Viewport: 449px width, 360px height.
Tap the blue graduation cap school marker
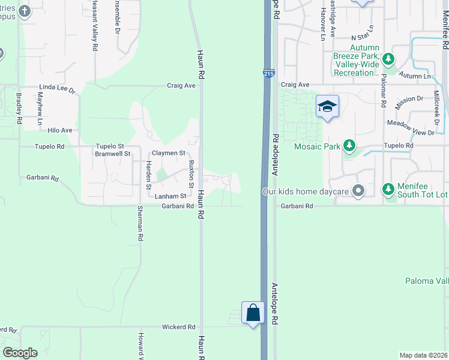click(x=327, y=107)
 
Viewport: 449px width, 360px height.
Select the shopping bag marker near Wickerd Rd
click(x=253, y=313)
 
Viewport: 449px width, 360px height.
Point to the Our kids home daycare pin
click(x=358, y=191)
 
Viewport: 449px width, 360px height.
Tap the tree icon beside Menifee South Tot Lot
click(x=388, y=190)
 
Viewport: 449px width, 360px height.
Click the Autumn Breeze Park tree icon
click(x=388, y=59)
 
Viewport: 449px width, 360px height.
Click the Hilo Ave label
click(x=60, y=130)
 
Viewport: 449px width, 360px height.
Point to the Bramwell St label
click(x=109, y=154)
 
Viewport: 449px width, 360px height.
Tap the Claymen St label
click(x=169, y=153)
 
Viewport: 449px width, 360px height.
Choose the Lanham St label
click(x=171, y=196)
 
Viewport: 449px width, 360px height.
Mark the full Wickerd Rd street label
click(x=179, y=327)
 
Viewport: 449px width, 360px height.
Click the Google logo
click(x=20, y=353)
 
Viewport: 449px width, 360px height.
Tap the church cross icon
click(x=24, y=11)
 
